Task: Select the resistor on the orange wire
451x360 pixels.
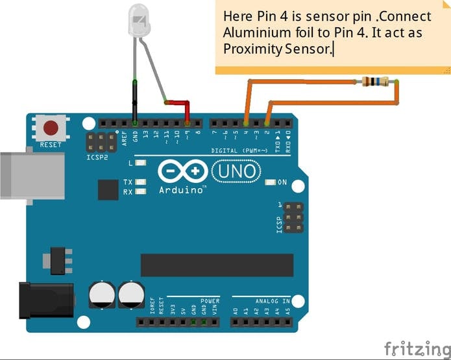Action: (376, 81)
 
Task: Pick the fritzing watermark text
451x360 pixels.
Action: (416, 348)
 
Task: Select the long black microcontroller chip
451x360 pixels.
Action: (214, 265)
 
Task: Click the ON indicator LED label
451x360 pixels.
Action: (282, 182)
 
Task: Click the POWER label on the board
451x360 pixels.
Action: (210, 301)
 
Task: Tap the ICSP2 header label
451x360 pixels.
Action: (95, 156)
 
